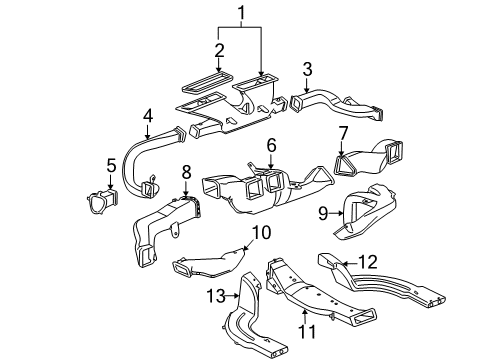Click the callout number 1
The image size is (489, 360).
(239, 15)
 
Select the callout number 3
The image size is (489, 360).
(308, 68)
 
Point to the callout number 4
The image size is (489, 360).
(147, 118)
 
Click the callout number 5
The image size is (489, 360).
(112, 165)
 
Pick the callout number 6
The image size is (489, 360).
(270, 145)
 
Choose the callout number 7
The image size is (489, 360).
(343, 133)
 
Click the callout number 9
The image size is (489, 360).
(322, 212)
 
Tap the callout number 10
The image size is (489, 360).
(262, 232)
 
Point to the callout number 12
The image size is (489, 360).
(368, 262)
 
